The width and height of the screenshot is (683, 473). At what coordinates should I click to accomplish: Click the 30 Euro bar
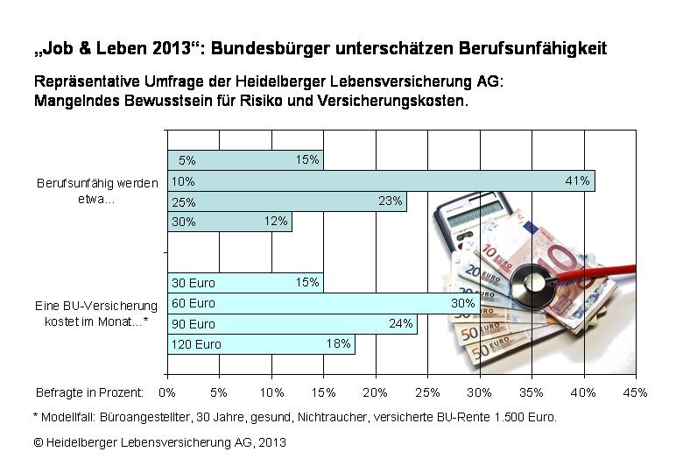[x=245, y=283]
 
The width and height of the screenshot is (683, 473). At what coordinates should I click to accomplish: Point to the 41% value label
[x=578, y=181]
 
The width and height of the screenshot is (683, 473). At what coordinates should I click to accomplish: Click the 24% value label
[x=400, y=323]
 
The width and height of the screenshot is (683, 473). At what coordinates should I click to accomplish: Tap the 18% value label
[x=338, y=344]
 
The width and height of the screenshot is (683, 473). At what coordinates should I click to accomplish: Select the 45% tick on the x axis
[x=635, y=392]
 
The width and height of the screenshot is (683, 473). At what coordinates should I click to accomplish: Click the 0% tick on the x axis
[x=167, y=392]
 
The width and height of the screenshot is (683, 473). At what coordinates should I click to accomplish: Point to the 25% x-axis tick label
[x=427, y=392]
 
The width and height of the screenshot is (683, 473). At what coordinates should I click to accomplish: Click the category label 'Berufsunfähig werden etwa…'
[x=97, y=191]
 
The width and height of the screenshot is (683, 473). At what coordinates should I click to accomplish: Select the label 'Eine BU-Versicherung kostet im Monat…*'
[x=97, y=313]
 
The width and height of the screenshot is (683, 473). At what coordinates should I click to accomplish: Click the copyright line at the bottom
[x=160, y=442]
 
